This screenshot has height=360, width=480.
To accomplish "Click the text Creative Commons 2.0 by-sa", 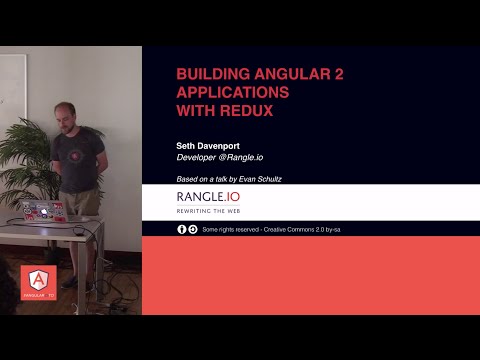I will tap(301, 229).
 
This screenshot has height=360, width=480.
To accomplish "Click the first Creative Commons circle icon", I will tap(182, 229).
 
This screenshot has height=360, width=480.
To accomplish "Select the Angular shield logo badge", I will tap(38, 284).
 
